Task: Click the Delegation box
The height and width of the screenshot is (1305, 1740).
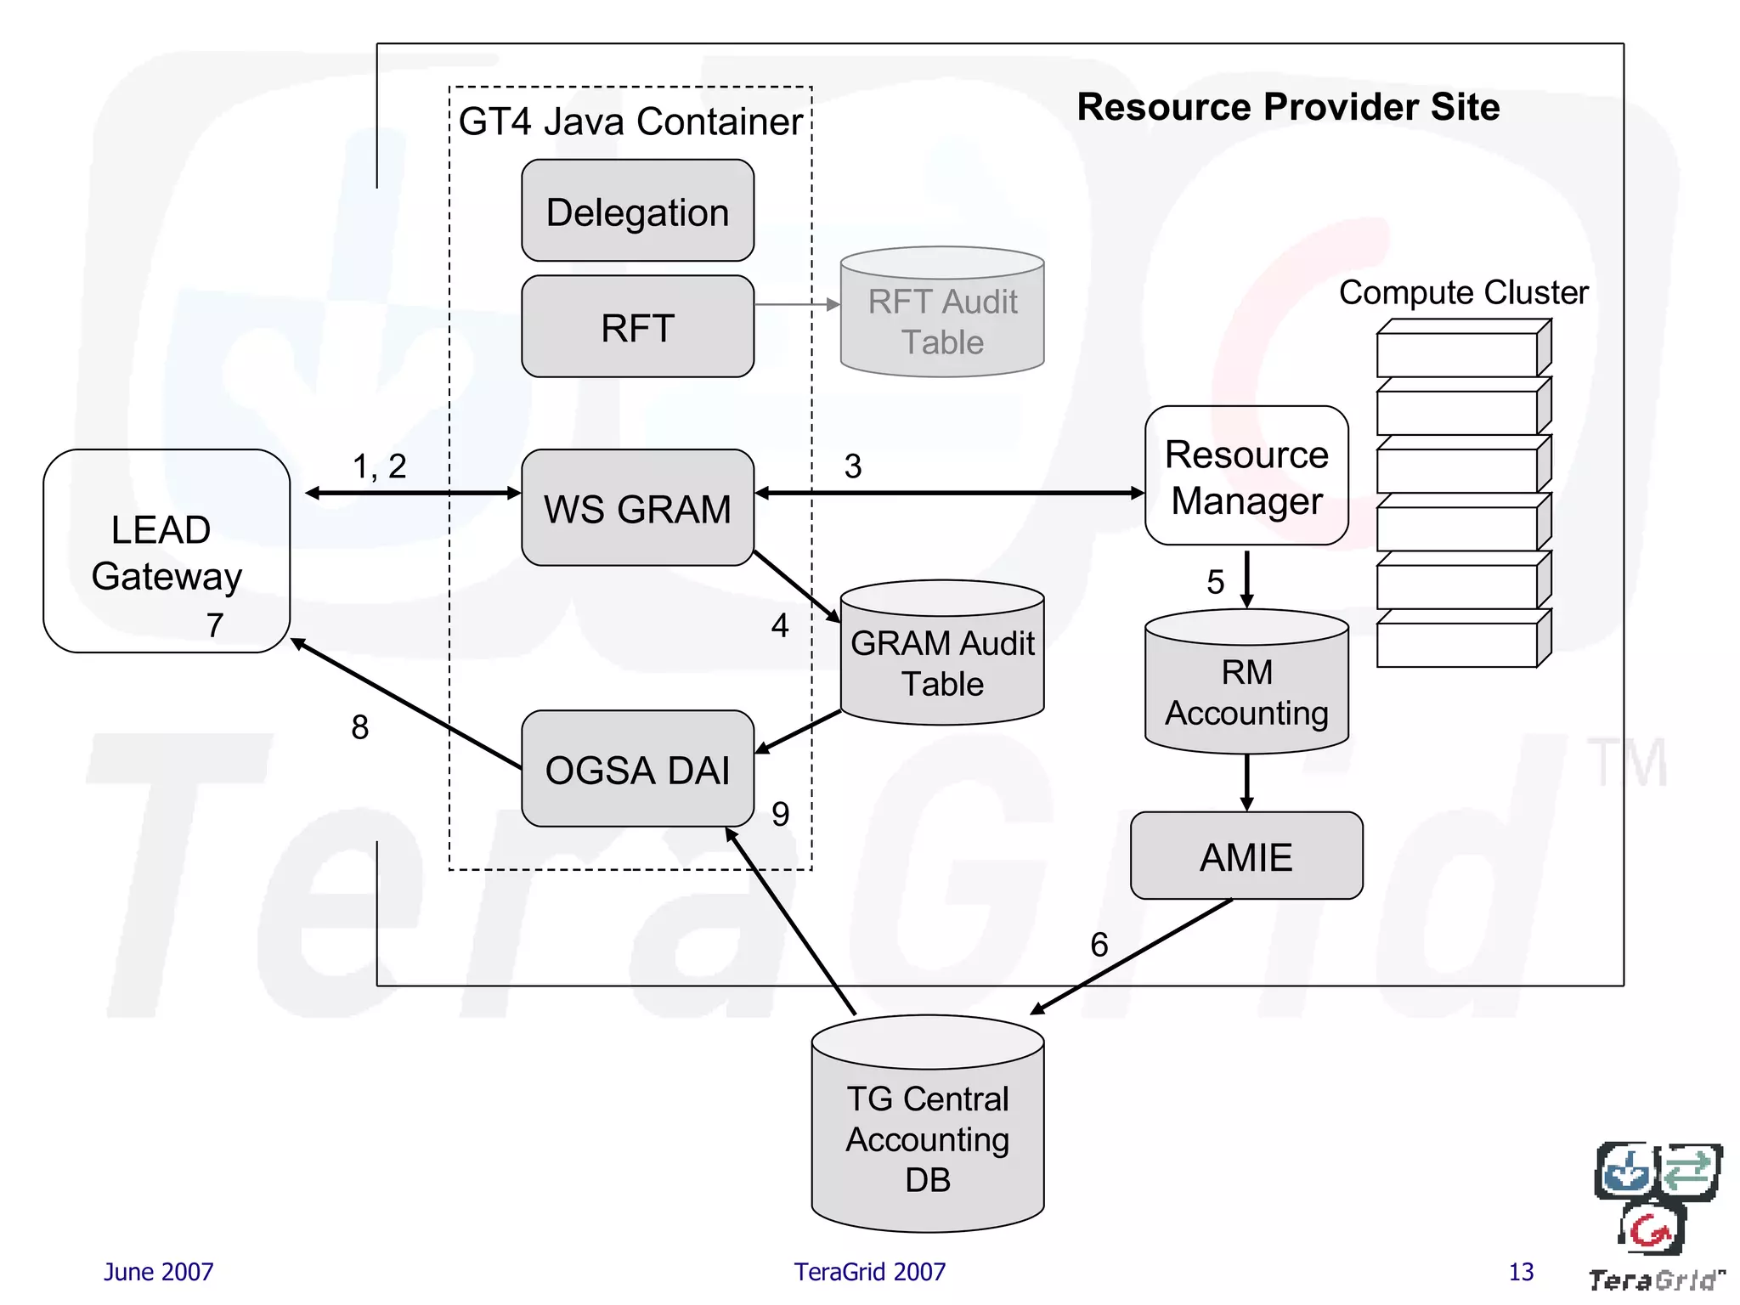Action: [637, 211]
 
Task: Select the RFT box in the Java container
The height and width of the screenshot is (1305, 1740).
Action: [637, 327]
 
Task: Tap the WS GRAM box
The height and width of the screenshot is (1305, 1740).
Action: [637, 508]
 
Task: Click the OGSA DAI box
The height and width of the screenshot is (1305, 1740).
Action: [637, 769]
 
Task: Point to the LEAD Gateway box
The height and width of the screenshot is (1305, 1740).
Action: [166, 552]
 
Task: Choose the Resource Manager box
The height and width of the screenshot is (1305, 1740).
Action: [1246, 477]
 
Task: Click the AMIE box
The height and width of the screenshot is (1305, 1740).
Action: [1246, 856]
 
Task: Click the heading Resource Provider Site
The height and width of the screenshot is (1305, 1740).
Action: [1288, 107]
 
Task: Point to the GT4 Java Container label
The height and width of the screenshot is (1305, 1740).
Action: [630, 121]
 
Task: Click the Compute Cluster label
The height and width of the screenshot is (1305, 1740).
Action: [1463, 292]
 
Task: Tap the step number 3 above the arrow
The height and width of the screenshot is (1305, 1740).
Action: [853, 466]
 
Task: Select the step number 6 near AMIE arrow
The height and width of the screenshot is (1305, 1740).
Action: [1099, 945]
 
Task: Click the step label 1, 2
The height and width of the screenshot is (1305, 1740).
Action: [379, 466]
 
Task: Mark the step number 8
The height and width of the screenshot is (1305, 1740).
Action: [360, 727]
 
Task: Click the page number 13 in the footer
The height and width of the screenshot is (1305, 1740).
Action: [1521, 1272]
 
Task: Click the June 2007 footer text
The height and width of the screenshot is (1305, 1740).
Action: [158, 1272]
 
